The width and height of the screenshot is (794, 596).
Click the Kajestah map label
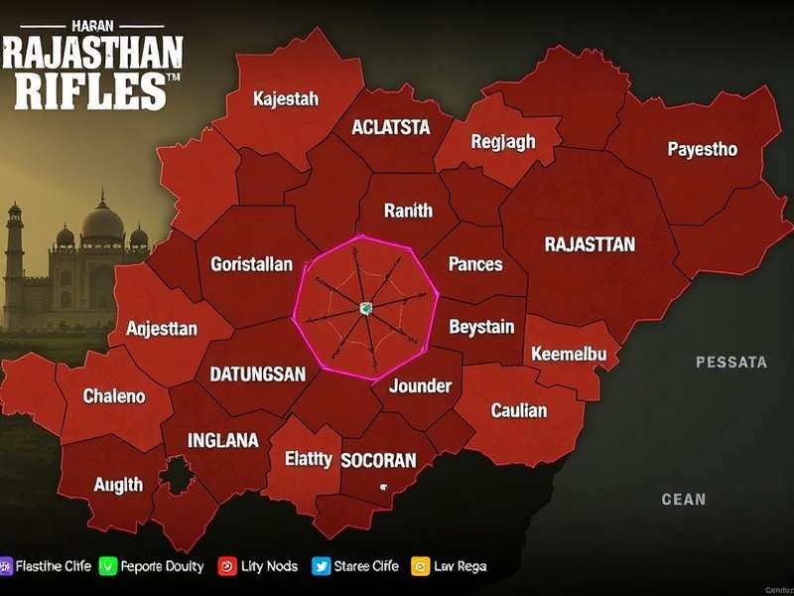[285, 98]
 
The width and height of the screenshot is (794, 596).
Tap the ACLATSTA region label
[391, 127]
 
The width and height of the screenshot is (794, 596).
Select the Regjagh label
[502, 142]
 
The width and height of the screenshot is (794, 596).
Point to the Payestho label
[702, 149]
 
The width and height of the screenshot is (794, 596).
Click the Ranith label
[408, 210]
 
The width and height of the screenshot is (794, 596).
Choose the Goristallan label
[251, 264]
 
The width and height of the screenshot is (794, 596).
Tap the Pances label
[475, 264]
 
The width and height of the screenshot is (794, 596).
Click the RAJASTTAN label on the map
[590, 243]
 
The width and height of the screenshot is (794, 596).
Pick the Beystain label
[481, 326]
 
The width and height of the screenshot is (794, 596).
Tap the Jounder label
[420, 385]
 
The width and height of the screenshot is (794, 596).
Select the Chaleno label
[113, 395]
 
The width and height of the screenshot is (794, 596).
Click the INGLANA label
[223, 439]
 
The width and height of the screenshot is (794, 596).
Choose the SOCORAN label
[377, 460]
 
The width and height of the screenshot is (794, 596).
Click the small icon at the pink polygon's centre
[365, 309]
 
